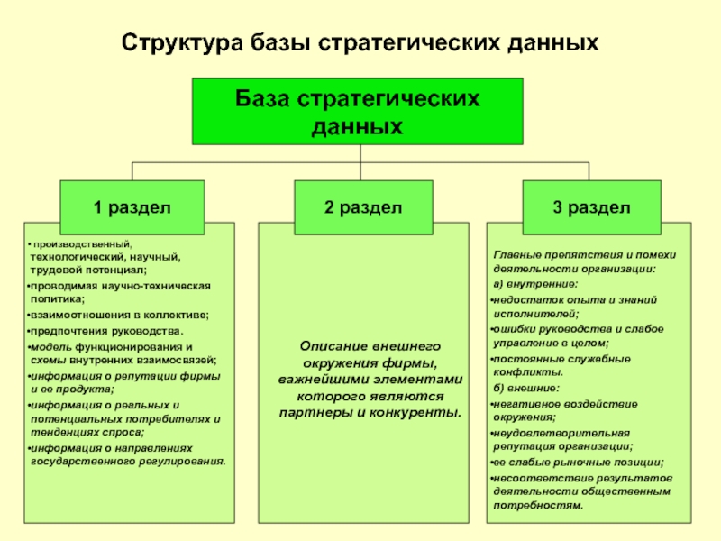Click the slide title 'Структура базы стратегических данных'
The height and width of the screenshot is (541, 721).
tap(360, 42)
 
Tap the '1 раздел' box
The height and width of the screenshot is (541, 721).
tap(132, 207)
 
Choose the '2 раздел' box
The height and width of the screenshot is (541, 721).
tap(364, 207)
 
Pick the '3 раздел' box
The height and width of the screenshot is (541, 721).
tap(592, 207)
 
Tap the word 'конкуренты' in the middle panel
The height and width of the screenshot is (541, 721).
tap(410, 412)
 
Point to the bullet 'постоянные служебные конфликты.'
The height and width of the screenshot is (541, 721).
tap(559, 365)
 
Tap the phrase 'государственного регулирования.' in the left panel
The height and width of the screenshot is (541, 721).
tap(127, 461)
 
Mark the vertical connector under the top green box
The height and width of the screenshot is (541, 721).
tap(360, 154)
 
